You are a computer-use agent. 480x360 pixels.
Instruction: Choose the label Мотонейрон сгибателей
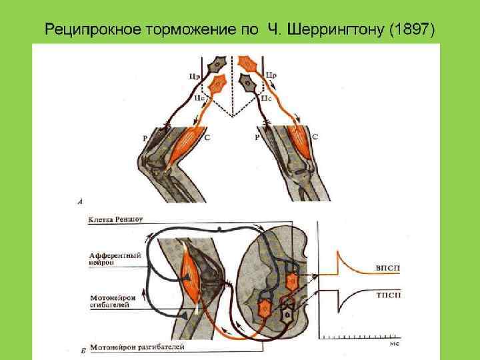pos(113,301)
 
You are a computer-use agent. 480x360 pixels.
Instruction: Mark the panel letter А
pos(80,201)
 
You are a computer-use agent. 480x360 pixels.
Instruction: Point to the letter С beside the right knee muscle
pos(315,137)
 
